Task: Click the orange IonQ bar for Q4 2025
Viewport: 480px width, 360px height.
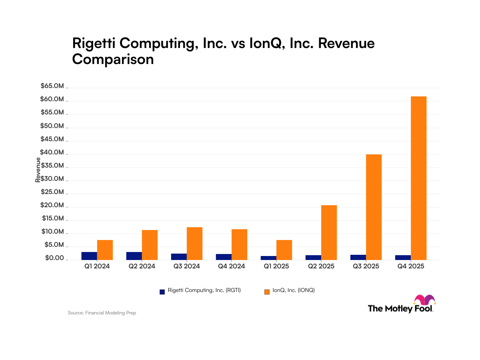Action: (x=418, y=178)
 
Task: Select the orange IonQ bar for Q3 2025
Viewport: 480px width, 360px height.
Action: (x=374, y=207)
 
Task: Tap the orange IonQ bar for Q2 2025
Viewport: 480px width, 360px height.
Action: (x=329, y=232)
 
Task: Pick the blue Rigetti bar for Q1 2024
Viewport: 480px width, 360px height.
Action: (x=89, y=256)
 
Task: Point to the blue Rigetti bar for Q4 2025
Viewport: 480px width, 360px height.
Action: (x=403, y=257)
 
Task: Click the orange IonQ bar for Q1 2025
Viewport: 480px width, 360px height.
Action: (x=284, y=250)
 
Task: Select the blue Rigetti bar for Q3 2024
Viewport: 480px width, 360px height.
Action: (x=179, y=256)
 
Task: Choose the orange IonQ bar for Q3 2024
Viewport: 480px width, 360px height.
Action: (x=194, y=243)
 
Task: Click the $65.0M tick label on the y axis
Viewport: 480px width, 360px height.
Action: (x=52, y=86)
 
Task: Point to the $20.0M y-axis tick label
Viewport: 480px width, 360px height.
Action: (x=52, y=205)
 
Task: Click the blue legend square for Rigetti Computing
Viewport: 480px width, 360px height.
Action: (x=162, y=292)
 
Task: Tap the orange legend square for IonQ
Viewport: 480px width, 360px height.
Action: (x=267, y=292)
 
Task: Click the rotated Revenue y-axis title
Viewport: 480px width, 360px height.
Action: (x=38, y=170)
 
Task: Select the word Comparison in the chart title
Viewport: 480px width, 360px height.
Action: (x=113, y=59)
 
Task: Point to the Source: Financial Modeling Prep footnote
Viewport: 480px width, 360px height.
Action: (x=102, y=313)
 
